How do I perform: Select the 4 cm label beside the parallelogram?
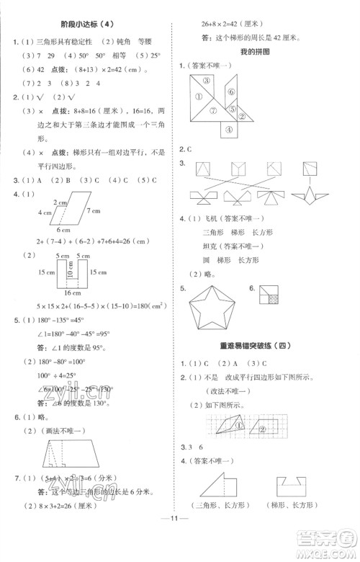click(x=25, y=213)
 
